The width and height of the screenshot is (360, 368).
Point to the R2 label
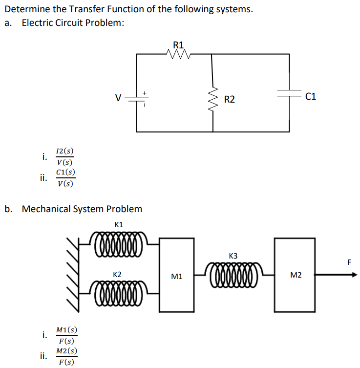229,100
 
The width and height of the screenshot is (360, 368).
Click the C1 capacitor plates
289,96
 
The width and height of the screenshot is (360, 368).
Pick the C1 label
310,97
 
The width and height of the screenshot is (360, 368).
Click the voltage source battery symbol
137,98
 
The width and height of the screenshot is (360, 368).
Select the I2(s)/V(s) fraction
65,157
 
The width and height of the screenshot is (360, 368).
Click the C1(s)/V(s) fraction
65,178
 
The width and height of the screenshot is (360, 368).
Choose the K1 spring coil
118,242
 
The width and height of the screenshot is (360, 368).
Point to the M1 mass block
177,275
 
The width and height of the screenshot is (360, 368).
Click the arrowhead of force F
353,275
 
